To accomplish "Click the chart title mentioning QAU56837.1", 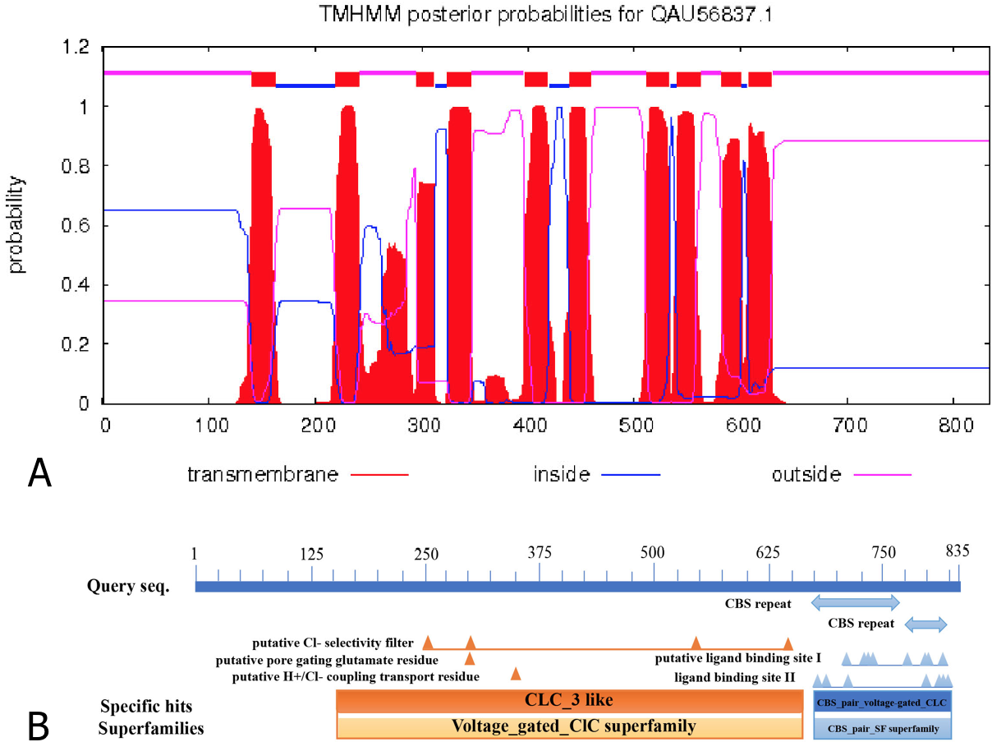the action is point(545,14).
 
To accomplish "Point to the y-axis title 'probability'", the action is point(16,224).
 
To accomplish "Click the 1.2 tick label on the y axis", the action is point(76,47).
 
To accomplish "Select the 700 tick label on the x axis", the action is point(850,426).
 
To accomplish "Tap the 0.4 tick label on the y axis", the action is point(76,285).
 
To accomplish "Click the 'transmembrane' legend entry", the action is point(298,474).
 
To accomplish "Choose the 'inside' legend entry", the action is point(596,474).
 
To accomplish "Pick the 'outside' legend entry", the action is point(842,474).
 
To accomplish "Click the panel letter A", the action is point(39,472).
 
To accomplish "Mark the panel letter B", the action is point(39,726).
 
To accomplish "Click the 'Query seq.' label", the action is point(128,586).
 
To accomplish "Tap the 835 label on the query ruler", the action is point(958,551).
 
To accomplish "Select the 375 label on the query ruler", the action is point(540,552).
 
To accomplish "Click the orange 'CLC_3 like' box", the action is point(569,700).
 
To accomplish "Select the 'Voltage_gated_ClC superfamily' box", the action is point(569,727).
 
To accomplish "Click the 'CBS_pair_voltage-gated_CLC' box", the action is point(882,703).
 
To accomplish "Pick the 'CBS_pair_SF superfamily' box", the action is point(882,728).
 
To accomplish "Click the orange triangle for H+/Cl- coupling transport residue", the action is point(516,674).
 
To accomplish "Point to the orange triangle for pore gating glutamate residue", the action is point(470,658).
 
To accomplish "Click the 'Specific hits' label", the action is point(146,707).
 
